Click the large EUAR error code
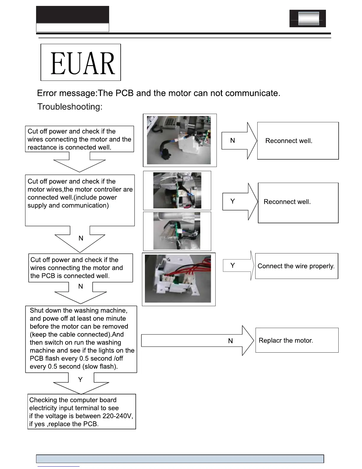(83, 63)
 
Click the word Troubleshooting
(70, 107)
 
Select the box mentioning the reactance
(80, 139)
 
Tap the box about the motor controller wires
(80, 200)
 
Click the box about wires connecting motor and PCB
(80, 268)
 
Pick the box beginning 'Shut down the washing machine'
(81, 339)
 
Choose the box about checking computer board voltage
(82, 412)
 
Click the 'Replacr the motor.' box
(297, 340)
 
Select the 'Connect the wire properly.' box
(296, 266)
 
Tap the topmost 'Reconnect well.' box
(298, 141)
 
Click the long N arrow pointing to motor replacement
(197, 340)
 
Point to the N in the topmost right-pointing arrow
(232, 141)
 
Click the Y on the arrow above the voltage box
(80, 380)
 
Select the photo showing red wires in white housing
(178, 279)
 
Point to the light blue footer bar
(180, 459)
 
